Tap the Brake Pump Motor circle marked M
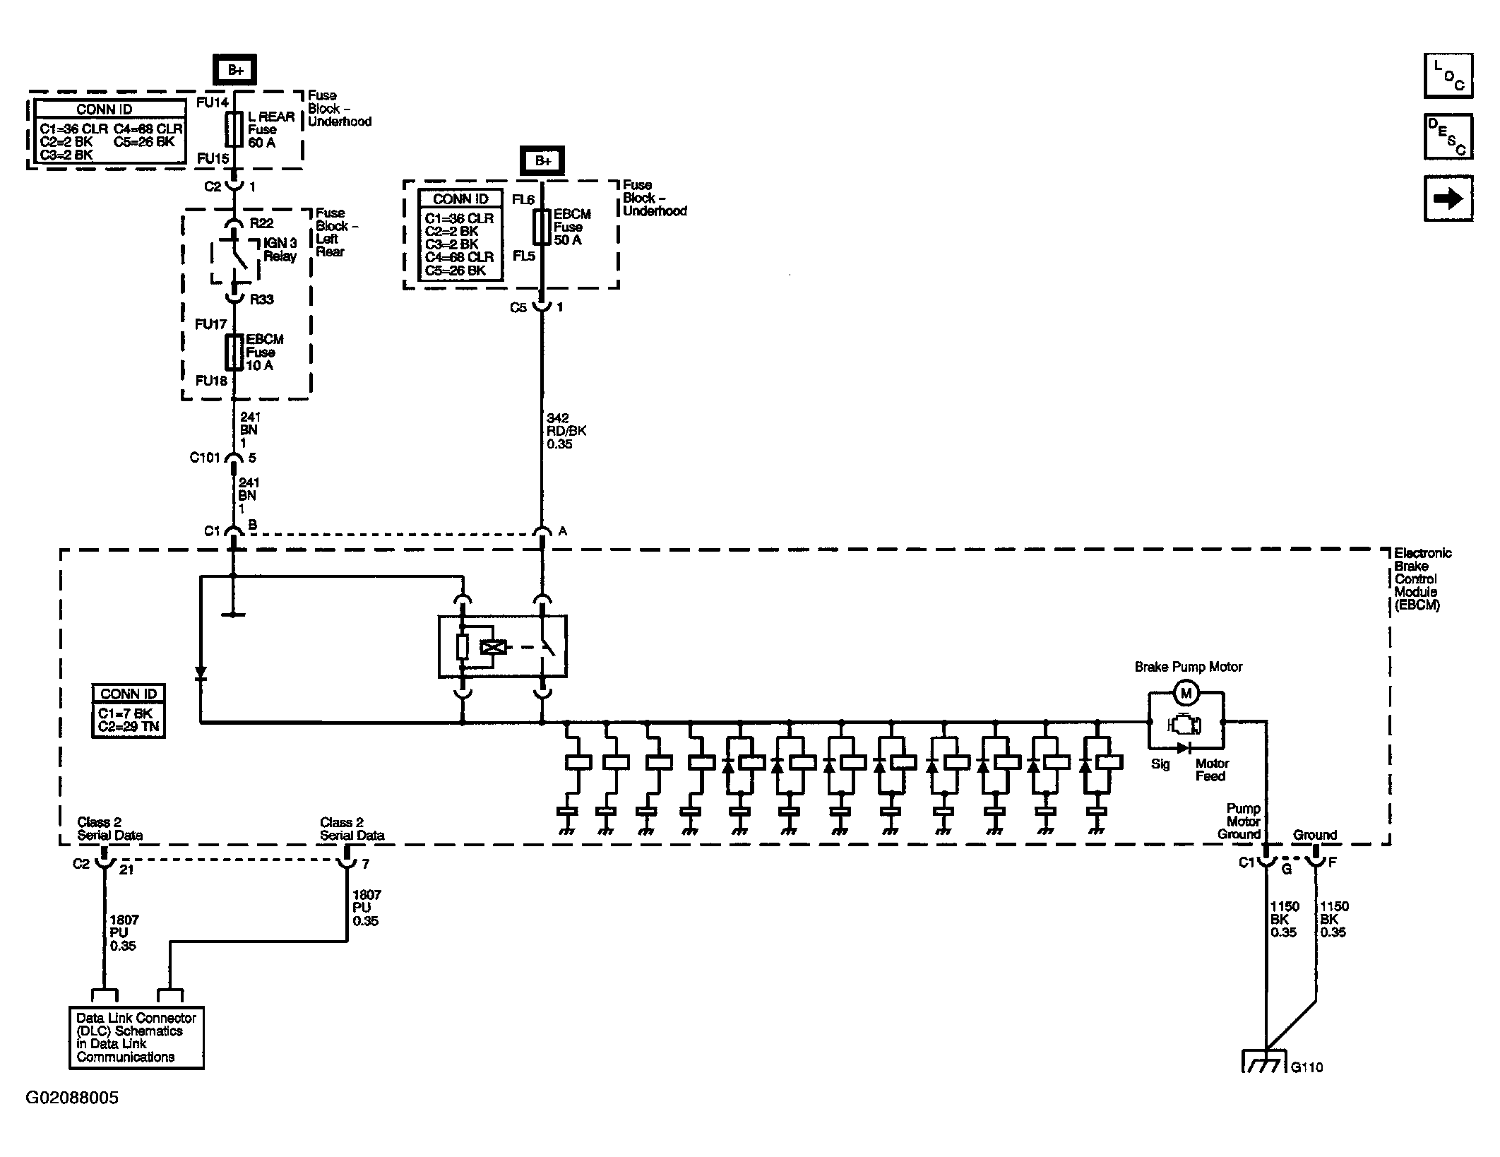(x=1186, y=693)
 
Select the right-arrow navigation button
(x=1448, y=199)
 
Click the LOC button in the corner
(x=1448, y=76)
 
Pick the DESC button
(x=1448, y=137)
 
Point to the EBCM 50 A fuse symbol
(x=542, y=227)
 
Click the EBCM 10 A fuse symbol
(x=234, y=352)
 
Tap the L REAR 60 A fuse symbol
(x=234, y=130)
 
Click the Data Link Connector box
(x=136, y=1037)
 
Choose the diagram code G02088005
(x=72, y=1098)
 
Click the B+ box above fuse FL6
(x=542, y=160)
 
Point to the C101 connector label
(x=205, y=458)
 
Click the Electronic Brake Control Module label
(x=1422, y=579)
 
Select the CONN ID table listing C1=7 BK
(x=129, y=711)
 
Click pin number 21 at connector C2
(x=126, y=870)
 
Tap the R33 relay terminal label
(x=262, y=299)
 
